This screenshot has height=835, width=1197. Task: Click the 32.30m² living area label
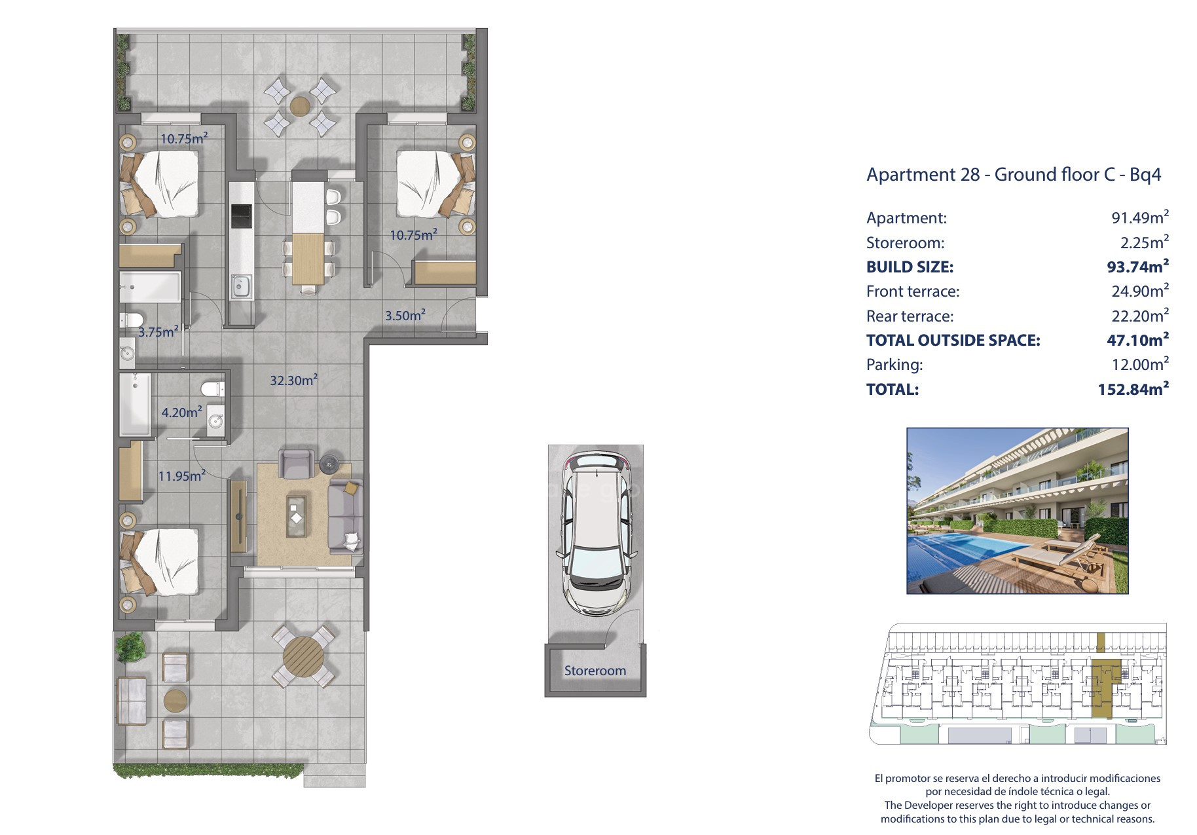pyautogui.click(x=294, y=380)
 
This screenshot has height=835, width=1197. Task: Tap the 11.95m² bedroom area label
pyautogui.click(x=182, y=475)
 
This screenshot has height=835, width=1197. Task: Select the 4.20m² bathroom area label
pyautogui.click(x=181, y=412)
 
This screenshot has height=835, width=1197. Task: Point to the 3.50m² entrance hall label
pyautogui.click(x=405, y=315)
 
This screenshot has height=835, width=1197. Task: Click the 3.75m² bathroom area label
pyautogui.click(x=158, y=331)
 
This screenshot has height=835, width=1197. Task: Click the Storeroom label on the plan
pyautogui.click(x=595, y=671)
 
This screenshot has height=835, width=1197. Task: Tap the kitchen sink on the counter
pyautogui.click(x=240, y=285)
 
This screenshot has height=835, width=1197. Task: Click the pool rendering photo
pyautogui.click(x=1017, y=511)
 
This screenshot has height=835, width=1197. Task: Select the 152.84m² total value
pyautogui.click(x=1133, y=389)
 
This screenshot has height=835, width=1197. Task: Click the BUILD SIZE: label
pyautogui.click(x=910, y=267)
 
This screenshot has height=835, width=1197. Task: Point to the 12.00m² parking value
pyautogui.click(x=1140, y=364)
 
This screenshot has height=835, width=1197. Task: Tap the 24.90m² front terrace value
pyautogui.click(x=1140, y=291)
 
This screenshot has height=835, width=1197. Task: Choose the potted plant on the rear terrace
pyautogui.click(x=130, y=646)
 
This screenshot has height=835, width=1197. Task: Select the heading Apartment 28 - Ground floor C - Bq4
pyautogui.click(x=1014, y=175)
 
